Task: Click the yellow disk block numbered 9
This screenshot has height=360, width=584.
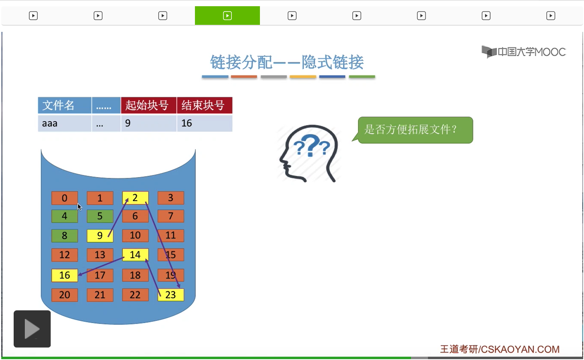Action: (x=100, y=236)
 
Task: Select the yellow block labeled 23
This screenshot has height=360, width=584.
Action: (x=171, y=295)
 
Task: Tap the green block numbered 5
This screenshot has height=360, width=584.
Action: (x=100, y=216)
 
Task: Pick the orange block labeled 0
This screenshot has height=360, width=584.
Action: (x=65, y=198)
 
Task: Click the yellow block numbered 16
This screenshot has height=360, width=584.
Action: (x=65, y=275)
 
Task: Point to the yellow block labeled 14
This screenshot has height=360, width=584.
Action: (x=135, y=254)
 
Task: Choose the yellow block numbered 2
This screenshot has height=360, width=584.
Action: (x=135, y=198)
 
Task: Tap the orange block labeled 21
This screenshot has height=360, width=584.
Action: (x=100, y=295)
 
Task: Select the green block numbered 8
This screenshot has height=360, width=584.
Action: (x=65, y=236)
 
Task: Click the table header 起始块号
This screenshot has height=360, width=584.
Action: (x=149, y=106)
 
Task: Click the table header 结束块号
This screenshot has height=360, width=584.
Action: (x=204, y=106)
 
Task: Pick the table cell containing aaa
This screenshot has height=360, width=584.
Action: (x=65, y=123)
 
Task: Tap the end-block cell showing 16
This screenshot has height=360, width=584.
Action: (x=204, y=123)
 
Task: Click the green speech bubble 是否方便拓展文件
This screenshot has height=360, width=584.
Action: (x=415, y=130)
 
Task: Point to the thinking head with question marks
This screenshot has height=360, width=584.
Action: (x=309, y=154)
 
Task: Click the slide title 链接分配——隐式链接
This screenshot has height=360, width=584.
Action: (x=287, y=62)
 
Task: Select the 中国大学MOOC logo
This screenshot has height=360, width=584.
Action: (x=524, y=52)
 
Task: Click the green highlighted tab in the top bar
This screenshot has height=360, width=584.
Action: (x=227, y=16)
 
